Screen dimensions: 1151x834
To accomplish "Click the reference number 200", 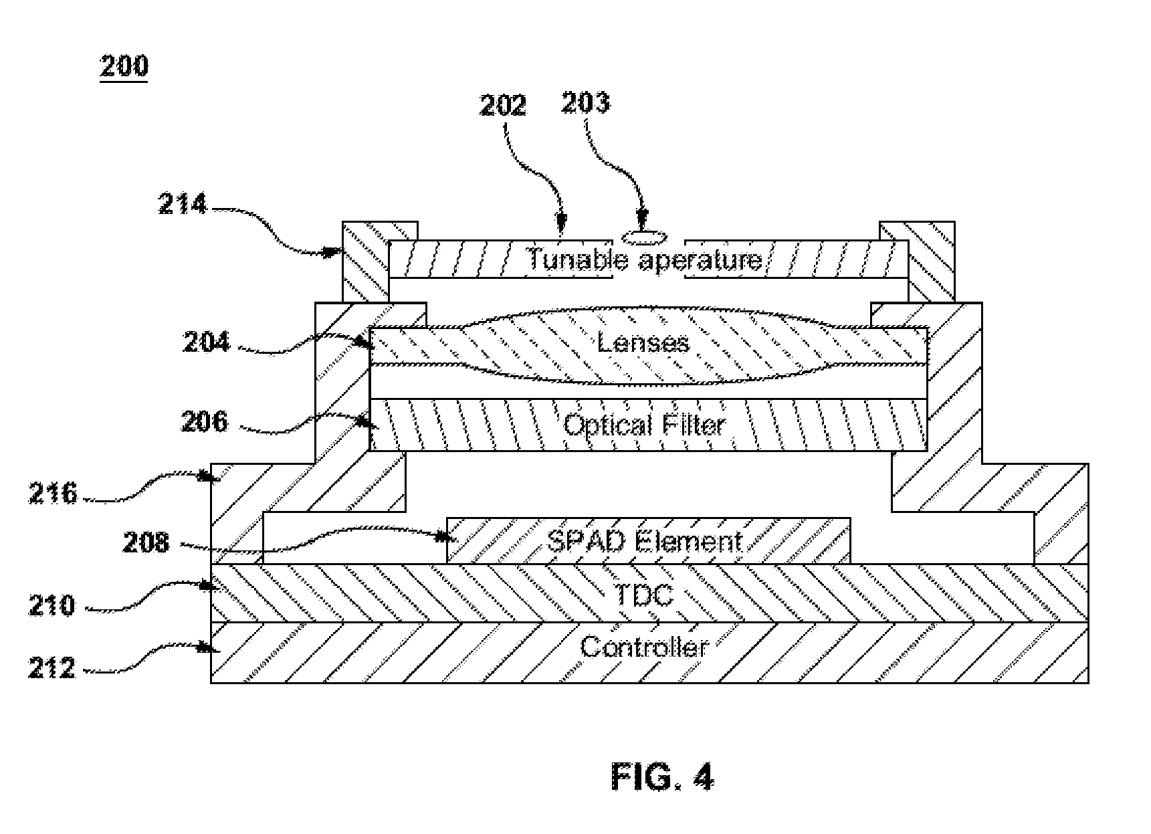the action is pyautogui.click(x=124, y=66).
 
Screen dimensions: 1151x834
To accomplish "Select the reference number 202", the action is pyautogui.click(x=503, y=106).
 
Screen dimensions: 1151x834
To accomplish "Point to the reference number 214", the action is pyautogui.click(x=183, y=203).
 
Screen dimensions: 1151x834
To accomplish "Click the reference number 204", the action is pyautogui.click(x=207, y=342).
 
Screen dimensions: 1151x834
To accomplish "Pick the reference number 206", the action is pyautogui.click(x=205, y=422).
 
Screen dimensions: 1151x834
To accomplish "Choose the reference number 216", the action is pyautogui.click(x=53, y=494).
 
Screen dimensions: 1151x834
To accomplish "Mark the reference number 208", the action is pyautogui.click(x=146, y=542).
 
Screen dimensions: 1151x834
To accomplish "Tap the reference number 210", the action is pyautogui.click(x=51, y=606).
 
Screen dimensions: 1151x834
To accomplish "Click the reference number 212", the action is pyautogui.click(x=51, y=667).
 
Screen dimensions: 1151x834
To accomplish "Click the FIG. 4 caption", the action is pyautogui.click(x=662, y=777).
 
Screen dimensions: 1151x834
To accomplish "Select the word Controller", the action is pyautogui.click(x=643, y=647).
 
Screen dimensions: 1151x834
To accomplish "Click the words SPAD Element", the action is pyautogui.click(x=645, y=540).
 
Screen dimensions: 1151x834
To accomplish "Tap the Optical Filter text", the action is pyautogui.click(x=644, y=425).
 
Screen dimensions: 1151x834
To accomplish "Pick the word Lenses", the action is pyautogui.click(x=643, y=342).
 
